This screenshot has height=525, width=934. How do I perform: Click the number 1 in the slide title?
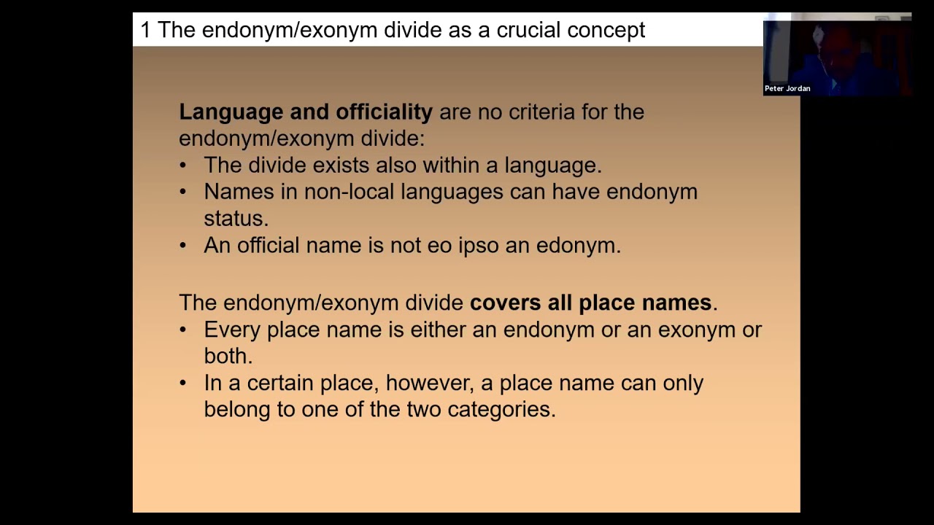coord(145,30)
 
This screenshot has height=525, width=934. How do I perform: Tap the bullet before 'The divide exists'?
coord(183,166)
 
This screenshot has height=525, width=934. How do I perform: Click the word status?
coord(236,219)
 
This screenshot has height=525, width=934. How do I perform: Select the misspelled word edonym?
coord(578,246)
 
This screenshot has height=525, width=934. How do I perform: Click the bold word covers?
coord(506,303)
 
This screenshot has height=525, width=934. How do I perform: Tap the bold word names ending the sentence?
coord(676,303)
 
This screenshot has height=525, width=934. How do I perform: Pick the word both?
coord(227,356)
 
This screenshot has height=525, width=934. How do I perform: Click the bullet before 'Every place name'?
coord(183,330)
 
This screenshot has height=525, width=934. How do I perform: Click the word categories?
coord(501,410)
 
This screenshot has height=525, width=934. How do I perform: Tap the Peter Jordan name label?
coord(787,88)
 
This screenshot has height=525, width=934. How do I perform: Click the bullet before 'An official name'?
coord(183,246)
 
